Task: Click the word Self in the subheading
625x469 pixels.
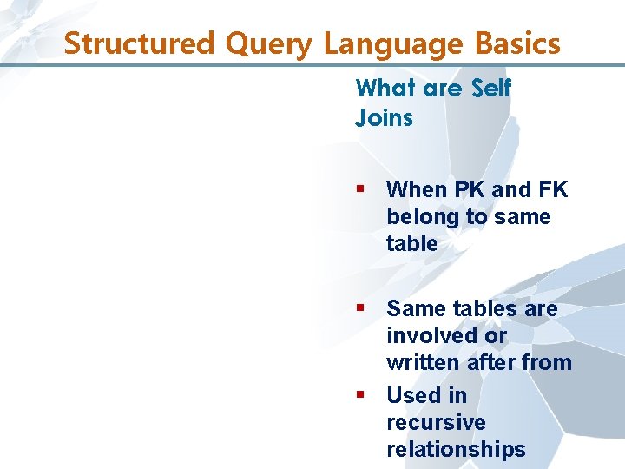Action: coord(491,88)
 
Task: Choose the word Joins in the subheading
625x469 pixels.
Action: coord(384,117)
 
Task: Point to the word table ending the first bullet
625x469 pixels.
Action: coord(411,243)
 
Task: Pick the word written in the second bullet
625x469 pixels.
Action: coord(424,362)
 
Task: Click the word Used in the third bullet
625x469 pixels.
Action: coord(414,395)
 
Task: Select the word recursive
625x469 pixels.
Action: coord(436,422)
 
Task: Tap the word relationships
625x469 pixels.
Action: coord(456,449)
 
